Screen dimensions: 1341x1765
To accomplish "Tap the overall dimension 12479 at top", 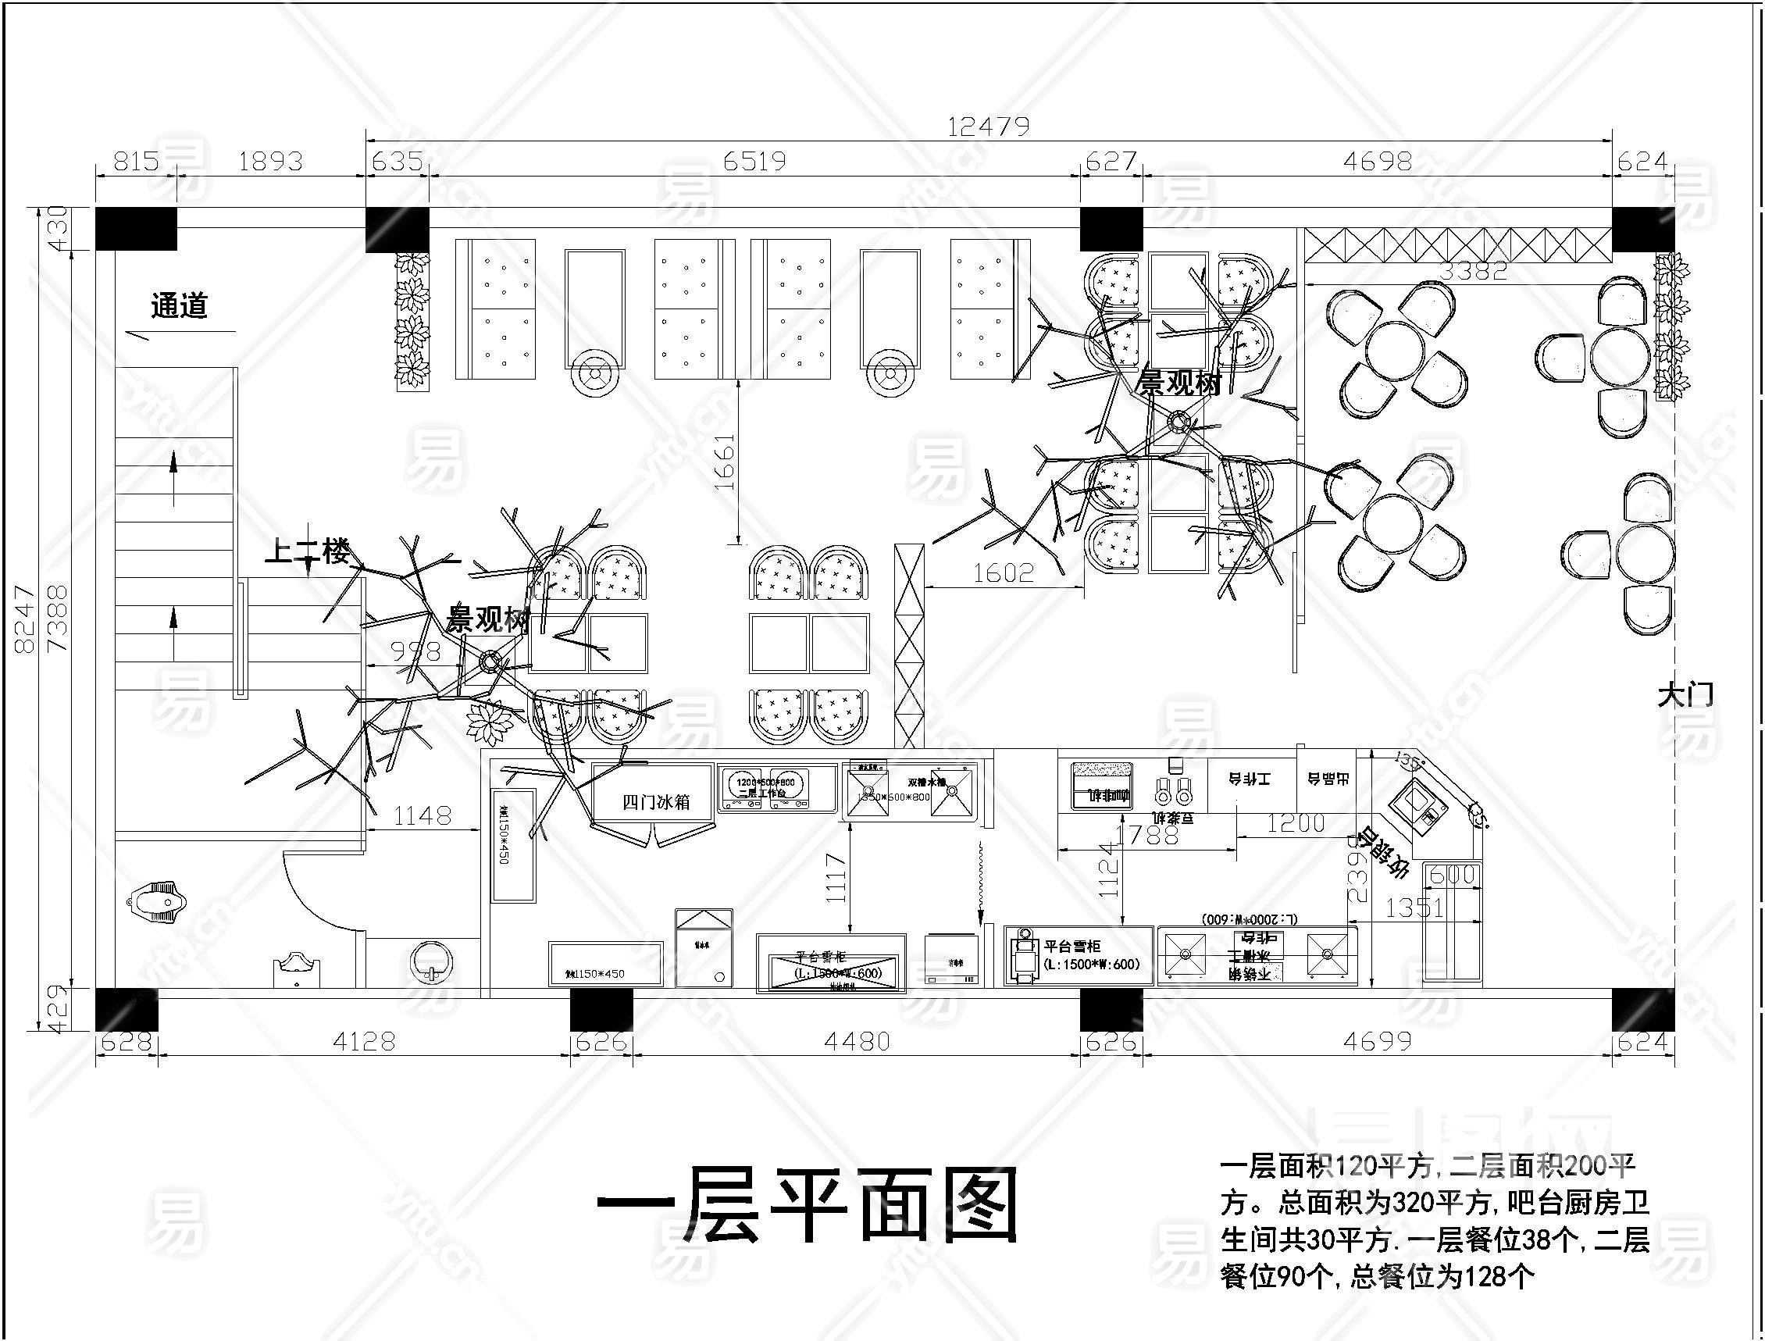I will click(988, 126).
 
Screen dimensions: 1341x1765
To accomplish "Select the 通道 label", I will click(180, 305).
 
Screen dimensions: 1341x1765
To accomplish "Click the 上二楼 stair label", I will click(307, 551).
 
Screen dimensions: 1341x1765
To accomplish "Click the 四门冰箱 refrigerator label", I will click(655, 802).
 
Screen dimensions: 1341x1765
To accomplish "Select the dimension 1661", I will click(723, 462).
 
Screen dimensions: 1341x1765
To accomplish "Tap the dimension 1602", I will click(1003, 572).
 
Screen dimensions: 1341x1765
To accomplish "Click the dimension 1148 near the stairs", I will click(423, 815).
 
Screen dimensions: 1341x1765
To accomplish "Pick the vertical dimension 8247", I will click(24, 619).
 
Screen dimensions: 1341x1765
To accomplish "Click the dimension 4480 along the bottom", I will click(857, 1041).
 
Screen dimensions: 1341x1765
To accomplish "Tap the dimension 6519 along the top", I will click(754, 161).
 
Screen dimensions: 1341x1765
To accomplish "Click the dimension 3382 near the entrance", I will click(1473, 270).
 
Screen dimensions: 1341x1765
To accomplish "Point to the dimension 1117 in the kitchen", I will click(835, 877).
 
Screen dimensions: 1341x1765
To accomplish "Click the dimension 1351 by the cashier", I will click(1414, 908).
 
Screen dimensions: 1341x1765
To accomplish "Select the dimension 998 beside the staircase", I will click(416, 651).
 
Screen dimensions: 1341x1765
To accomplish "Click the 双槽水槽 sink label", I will click(927, 783).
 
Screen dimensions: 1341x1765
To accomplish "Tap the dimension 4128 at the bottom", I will click(364, 1041).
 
